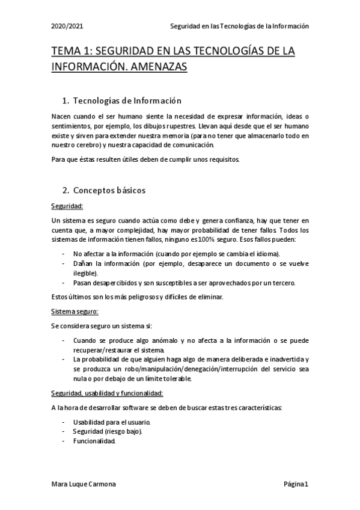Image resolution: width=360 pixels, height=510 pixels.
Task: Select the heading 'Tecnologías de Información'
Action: pyautogui.click(x=127, y=100)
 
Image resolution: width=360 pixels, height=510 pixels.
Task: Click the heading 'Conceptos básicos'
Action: pyautogui.click(x=109, y=191)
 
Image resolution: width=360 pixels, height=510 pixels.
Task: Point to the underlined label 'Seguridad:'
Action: pyautogui.click(x=67, y=206)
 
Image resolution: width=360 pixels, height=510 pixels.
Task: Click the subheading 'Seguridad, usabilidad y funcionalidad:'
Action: pyautogui.click(x=107, y=393)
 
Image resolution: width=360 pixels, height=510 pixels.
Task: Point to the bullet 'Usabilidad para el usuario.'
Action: pyautogui.click(x=112, y=422)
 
